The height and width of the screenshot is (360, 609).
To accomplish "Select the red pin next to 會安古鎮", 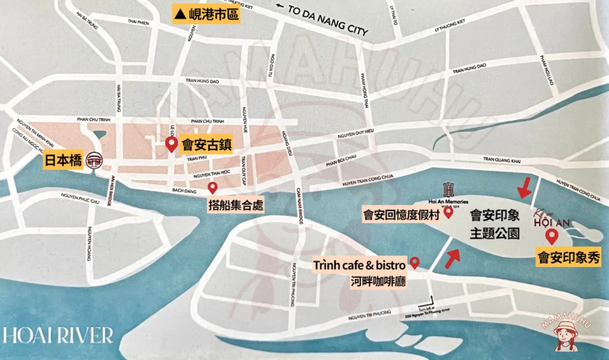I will [x=171, y=144].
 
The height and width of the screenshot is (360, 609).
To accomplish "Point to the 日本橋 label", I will [x=63, y=161].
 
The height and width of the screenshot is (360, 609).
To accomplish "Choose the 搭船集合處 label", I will [x=234, y=206].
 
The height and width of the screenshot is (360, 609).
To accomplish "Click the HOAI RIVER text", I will [x=57, y=335].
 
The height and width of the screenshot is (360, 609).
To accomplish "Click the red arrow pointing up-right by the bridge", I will [x=453, y=257].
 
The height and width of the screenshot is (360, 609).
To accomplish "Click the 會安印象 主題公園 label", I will [x=495, y=224].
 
